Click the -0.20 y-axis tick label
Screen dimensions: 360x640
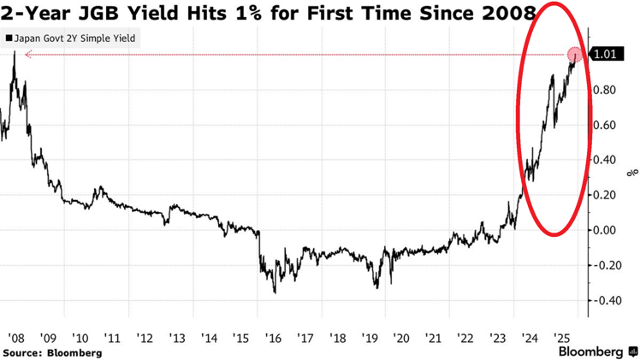[x=607, y=265]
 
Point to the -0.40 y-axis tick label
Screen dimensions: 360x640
[x=607, y=300]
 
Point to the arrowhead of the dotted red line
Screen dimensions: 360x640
[x=27, y=55]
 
